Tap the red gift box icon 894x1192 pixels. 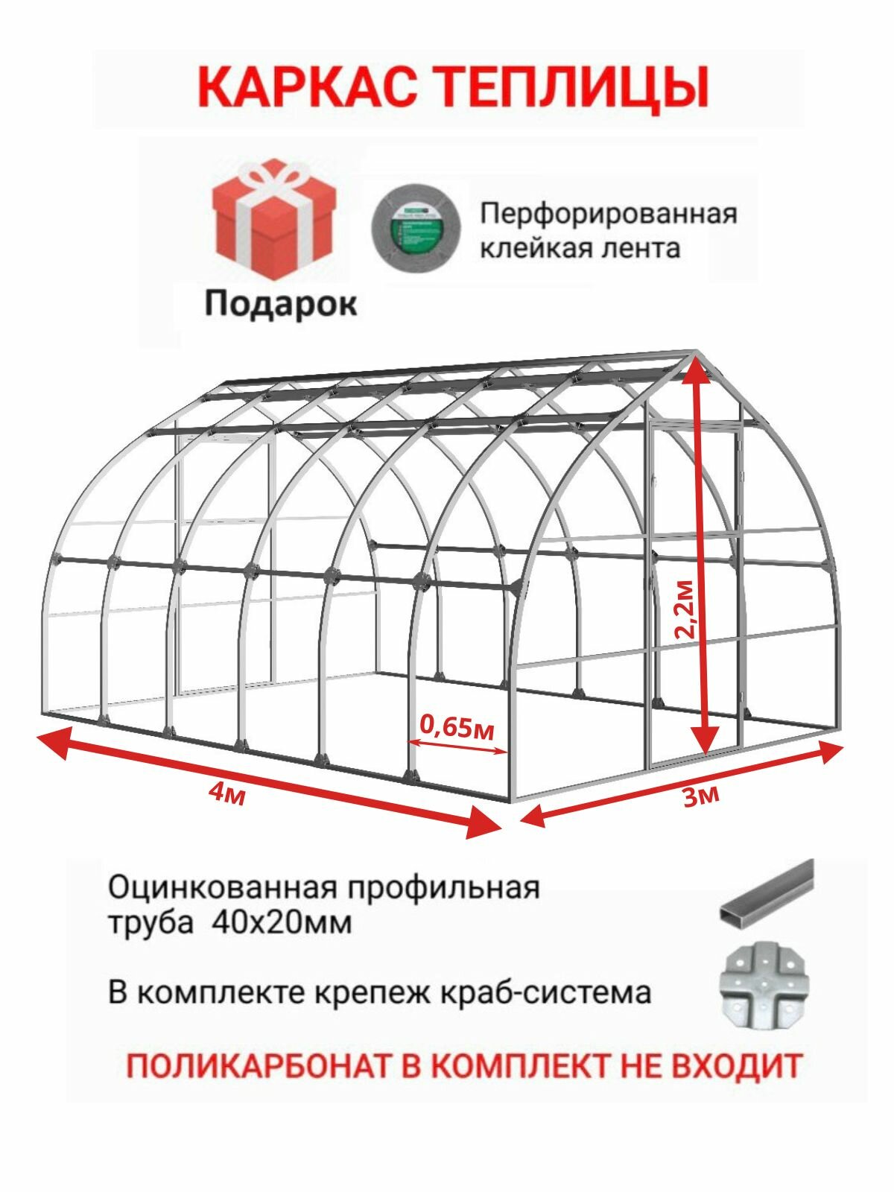pos(273,219)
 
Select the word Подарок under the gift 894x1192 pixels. pos(281,303)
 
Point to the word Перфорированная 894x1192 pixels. pos(607,214)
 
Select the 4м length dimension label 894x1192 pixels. pos(228,793)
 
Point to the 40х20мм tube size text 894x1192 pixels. pos(282,924)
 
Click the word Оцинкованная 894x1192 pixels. pos(214,887)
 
